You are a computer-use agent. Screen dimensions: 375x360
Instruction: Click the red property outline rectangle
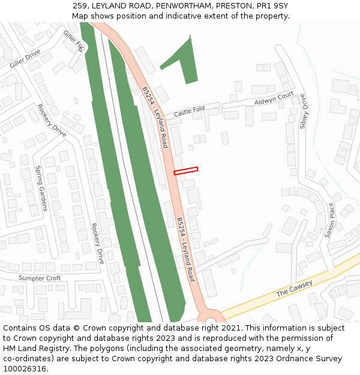point(186,170)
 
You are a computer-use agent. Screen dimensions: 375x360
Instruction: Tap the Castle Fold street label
point(189,111)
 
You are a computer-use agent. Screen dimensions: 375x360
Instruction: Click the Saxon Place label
point(331,220)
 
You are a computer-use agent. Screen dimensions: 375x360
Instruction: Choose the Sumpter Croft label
point(40,278)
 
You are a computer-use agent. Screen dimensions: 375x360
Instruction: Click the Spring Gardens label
point(41,188)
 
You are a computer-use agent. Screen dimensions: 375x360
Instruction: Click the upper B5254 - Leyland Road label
point(155,117)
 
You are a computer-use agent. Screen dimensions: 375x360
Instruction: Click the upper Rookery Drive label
point(52,120)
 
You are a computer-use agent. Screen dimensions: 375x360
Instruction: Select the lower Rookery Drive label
point(98,243)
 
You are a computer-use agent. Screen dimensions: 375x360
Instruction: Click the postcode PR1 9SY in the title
point(274,5)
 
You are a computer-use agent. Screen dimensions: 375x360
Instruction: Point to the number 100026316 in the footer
point(24,369)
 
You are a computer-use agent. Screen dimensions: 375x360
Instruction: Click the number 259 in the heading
point(80,5)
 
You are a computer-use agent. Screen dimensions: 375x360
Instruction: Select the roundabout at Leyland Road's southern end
point(209,316)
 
